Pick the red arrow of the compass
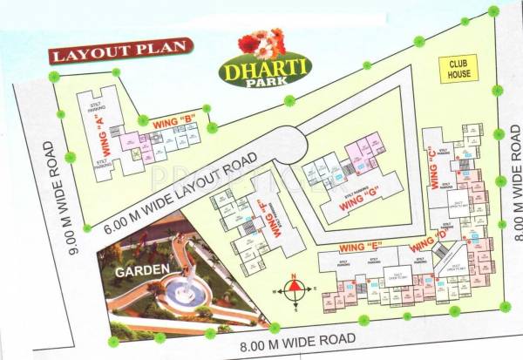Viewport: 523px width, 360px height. click(x=295, y=282)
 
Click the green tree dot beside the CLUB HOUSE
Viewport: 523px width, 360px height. click(x=497, y=90)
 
